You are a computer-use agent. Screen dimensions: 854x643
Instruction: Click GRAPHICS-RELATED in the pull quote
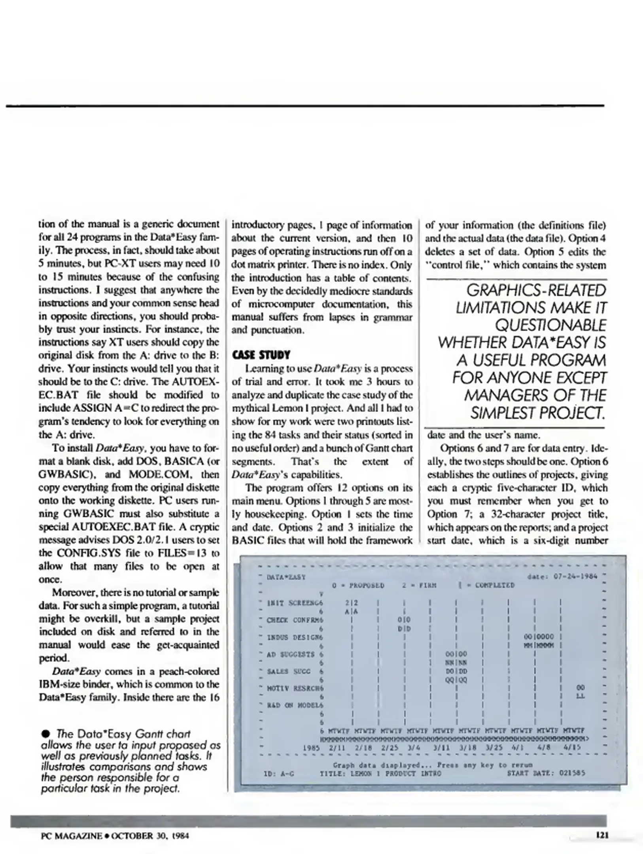pyautogui.click(x=536, y=291)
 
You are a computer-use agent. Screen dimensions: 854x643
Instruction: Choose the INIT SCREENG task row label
pyautogui.click(x=295, y=603)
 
